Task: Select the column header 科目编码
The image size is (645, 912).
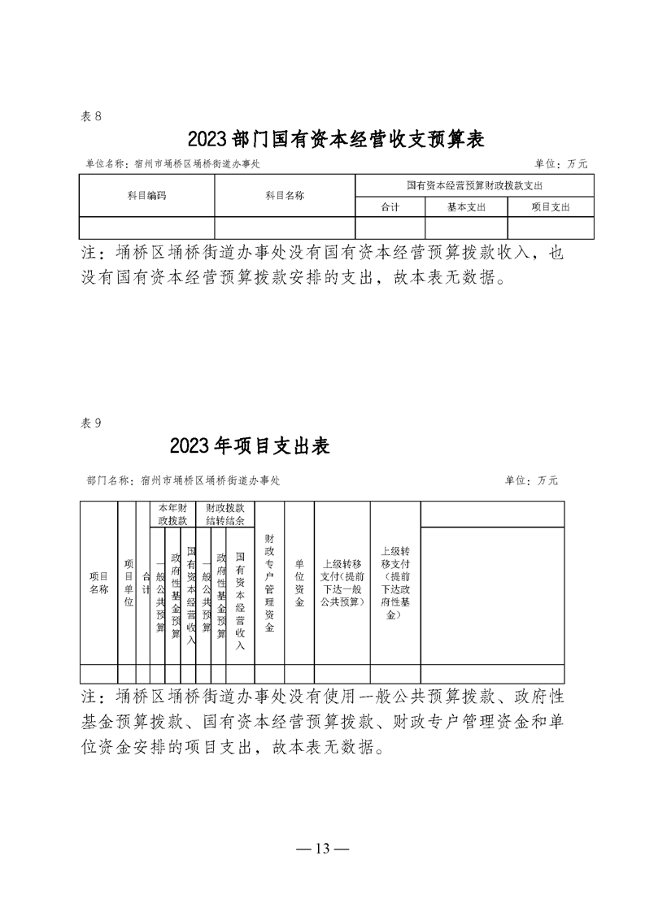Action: tap(146, 196)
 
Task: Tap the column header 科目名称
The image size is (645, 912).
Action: tap(285, 196)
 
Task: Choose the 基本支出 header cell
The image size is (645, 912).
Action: tap(466, 207)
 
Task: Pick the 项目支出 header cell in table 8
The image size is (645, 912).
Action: tap(551, 207)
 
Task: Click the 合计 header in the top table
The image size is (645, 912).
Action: tap(390, 207)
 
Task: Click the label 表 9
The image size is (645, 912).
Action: tap(91, 423)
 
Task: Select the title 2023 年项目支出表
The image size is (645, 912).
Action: tap(250, 446)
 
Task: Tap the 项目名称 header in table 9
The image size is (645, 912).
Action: tap(98, 583)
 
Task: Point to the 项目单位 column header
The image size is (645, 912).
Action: tap(128, 583)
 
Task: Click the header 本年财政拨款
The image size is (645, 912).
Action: tap(172, 513)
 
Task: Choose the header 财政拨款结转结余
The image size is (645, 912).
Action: tap(227, 513)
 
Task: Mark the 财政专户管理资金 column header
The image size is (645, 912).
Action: tap(269, 583)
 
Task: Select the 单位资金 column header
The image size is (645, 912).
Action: tap(299, 583)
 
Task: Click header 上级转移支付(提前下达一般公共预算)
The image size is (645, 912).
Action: tap(342, 583)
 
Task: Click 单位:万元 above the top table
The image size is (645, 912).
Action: tap(561, 163)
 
